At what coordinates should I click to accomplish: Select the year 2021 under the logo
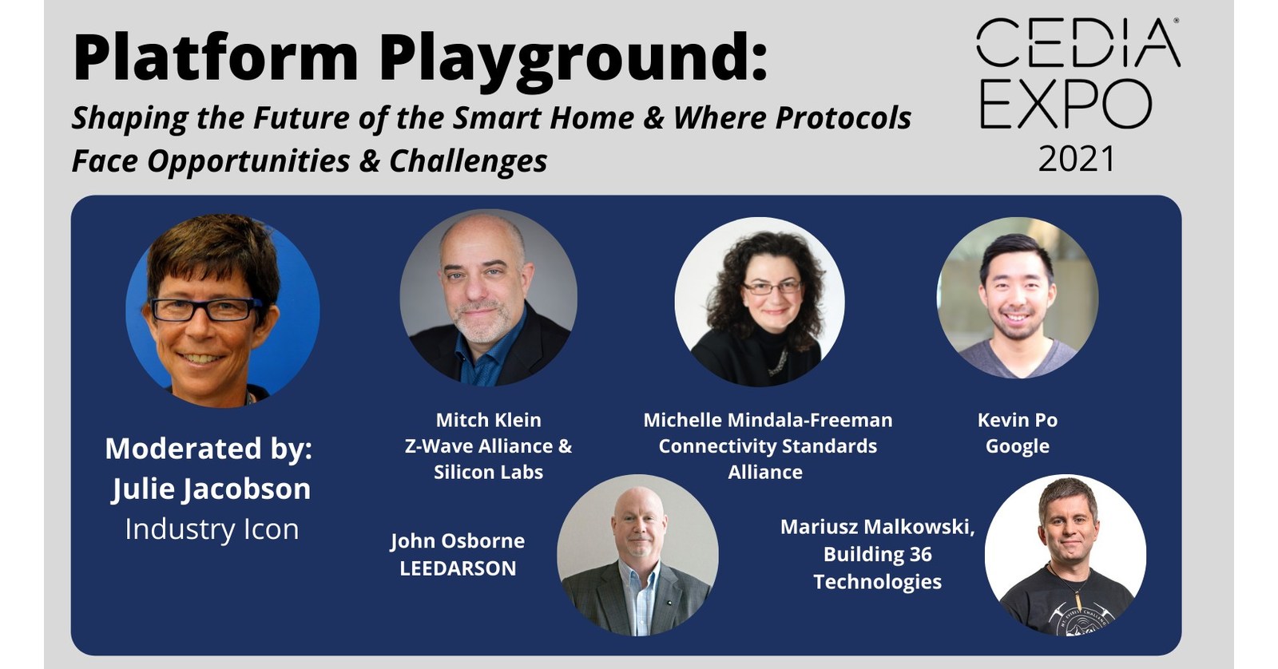[x=1077, y=159]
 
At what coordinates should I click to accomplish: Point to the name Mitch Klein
[x=488, y=420]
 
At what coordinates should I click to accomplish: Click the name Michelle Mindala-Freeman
[x=768, y=420]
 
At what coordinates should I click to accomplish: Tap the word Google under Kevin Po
[x=1017, y=446]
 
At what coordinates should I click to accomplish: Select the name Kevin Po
[x=1017, y=420]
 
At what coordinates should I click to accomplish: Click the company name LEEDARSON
[x=458, y=568]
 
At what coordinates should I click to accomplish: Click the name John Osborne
[x=458, y=541]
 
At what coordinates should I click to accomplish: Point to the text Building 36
[x=877, y=554]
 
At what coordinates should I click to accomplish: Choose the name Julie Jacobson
[x=211, y=489]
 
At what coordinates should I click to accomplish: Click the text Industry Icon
[x=212, y=529]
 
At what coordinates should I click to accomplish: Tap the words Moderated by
[x=208, y=448]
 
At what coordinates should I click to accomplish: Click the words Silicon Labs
[x=488, y=472]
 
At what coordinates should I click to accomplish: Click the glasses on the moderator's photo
[x=206, y=309]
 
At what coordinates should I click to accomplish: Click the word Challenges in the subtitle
[x=468, y=161]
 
